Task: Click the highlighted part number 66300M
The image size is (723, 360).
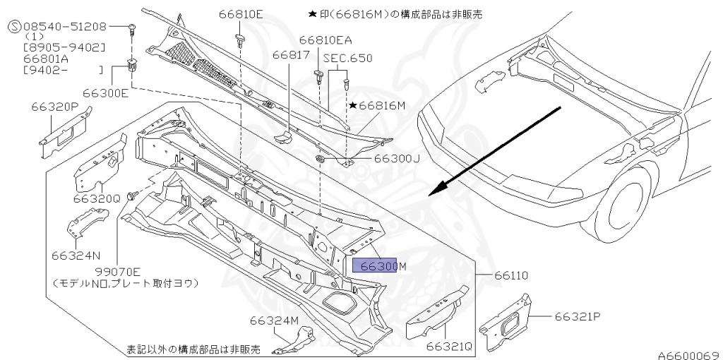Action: pyautogui.click(x=380, y=265)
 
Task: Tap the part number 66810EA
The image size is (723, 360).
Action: pyautogui.click(x=325, y=41)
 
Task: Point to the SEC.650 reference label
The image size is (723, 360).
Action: pyautogui.click(x=347, y=58)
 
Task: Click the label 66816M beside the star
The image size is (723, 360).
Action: pyautogui.click(x=382, y=105)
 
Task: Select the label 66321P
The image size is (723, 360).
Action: pyautogui.click(x=577, y=317)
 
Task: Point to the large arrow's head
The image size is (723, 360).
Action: pyautogui.click(x=437, y=189)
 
